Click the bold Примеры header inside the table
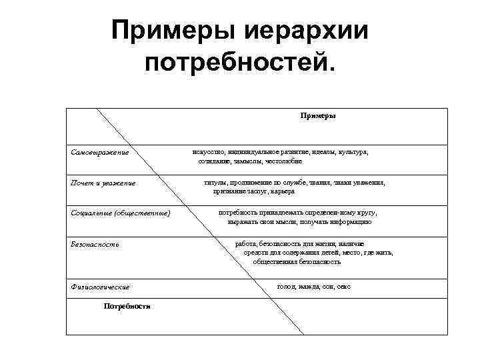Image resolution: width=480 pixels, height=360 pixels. point(317,115)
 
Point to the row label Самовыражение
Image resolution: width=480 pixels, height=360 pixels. point(100,153)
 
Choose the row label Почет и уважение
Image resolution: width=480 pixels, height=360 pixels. point(103,183)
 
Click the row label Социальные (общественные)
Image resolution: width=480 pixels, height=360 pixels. point(121,213)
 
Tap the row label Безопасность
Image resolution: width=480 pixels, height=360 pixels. point(95,244)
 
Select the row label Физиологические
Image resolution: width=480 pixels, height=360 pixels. point(101,287)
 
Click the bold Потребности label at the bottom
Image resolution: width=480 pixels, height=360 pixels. point(127,306)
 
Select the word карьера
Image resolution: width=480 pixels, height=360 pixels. point(281,191)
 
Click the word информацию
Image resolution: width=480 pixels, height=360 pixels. point(349,221)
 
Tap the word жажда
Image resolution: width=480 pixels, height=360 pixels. point(308,286)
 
